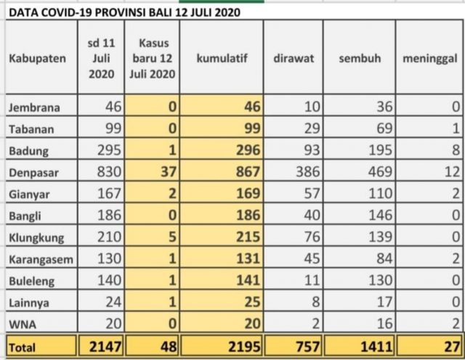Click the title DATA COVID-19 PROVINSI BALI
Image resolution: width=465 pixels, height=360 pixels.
(124, 12)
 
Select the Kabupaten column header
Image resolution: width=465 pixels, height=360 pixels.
(38, 58)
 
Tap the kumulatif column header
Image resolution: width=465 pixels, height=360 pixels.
(222, 58)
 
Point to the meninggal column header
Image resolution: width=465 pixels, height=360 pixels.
(429, 59)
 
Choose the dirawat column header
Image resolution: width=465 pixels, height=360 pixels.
(294, 58)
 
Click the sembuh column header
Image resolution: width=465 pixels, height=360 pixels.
(360, 58)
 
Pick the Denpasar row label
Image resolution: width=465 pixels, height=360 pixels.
(33, 173)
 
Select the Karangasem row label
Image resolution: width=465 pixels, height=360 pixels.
(41, 260)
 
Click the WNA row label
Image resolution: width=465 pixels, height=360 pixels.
(23, 324)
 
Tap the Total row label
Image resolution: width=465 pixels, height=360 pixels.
(22, 347)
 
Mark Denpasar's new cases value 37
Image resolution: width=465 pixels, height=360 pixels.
(169, 172)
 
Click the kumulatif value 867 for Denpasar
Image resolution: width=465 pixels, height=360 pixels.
(248, 172)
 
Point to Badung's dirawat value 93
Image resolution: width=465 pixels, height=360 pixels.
(312, 150)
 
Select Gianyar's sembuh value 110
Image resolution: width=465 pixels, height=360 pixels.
(380, 194)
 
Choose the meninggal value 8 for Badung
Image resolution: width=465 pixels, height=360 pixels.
(456, 150)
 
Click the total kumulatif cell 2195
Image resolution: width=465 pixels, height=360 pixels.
(244, 347)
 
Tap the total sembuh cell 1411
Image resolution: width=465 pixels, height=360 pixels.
(376, 347)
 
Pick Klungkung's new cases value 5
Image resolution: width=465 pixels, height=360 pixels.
(173, 237)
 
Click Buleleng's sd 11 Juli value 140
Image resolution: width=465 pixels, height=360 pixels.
(109, 280)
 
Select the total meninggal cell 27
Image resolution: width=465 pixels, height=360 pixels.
(452, 347)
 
